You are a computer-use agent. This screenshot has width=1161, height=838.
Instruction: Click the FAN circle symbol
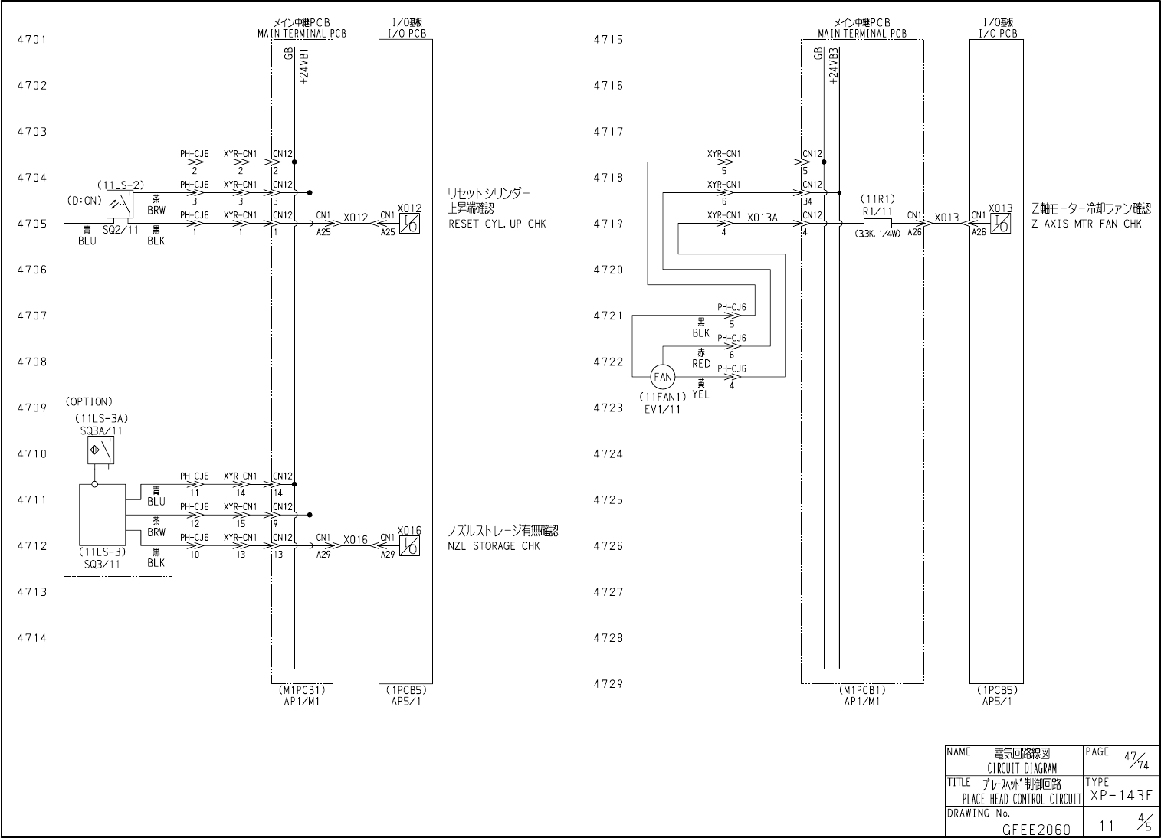click(663, 377)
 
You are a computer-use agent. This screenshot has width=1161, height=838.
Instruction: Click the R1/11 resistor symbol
click(877, 224)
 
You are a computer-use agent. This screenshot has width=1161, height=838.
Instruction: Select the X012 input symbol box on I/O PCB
click(410, 224)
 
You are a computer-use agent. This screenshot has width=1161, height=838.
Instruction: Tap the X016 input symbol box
click(410, 546)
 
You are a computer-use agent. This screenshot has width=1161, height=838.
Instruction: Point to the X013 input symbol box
click(1000, 224)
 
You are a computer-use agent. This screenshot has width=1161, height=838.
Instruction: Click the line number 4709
click(32, 408)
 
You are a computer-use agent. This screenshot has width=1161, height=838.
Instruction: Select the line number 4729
click(608, 684)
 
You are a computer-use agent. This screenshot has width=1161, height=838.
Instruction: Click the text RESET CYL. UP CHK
click(497, 224)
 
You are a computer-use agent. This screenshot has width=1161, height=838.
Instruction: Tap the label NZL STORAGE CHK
click(494, 546)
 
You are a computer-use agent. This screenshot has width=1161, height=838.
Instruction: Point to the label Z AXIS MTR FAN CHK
click(1087, 224)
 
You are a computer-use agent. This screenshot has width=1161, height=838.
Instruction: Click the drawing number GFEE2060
click(1035, 829)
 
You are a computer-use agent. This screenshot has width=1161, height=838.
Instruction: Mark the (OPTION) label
click(89, 401)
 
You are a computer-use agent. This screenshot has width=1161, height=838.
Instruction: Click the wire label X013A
click(762, 218)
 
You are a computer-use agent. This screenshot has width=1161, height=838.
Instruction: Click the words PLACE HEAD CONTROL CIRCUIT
click(1021, 800)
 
